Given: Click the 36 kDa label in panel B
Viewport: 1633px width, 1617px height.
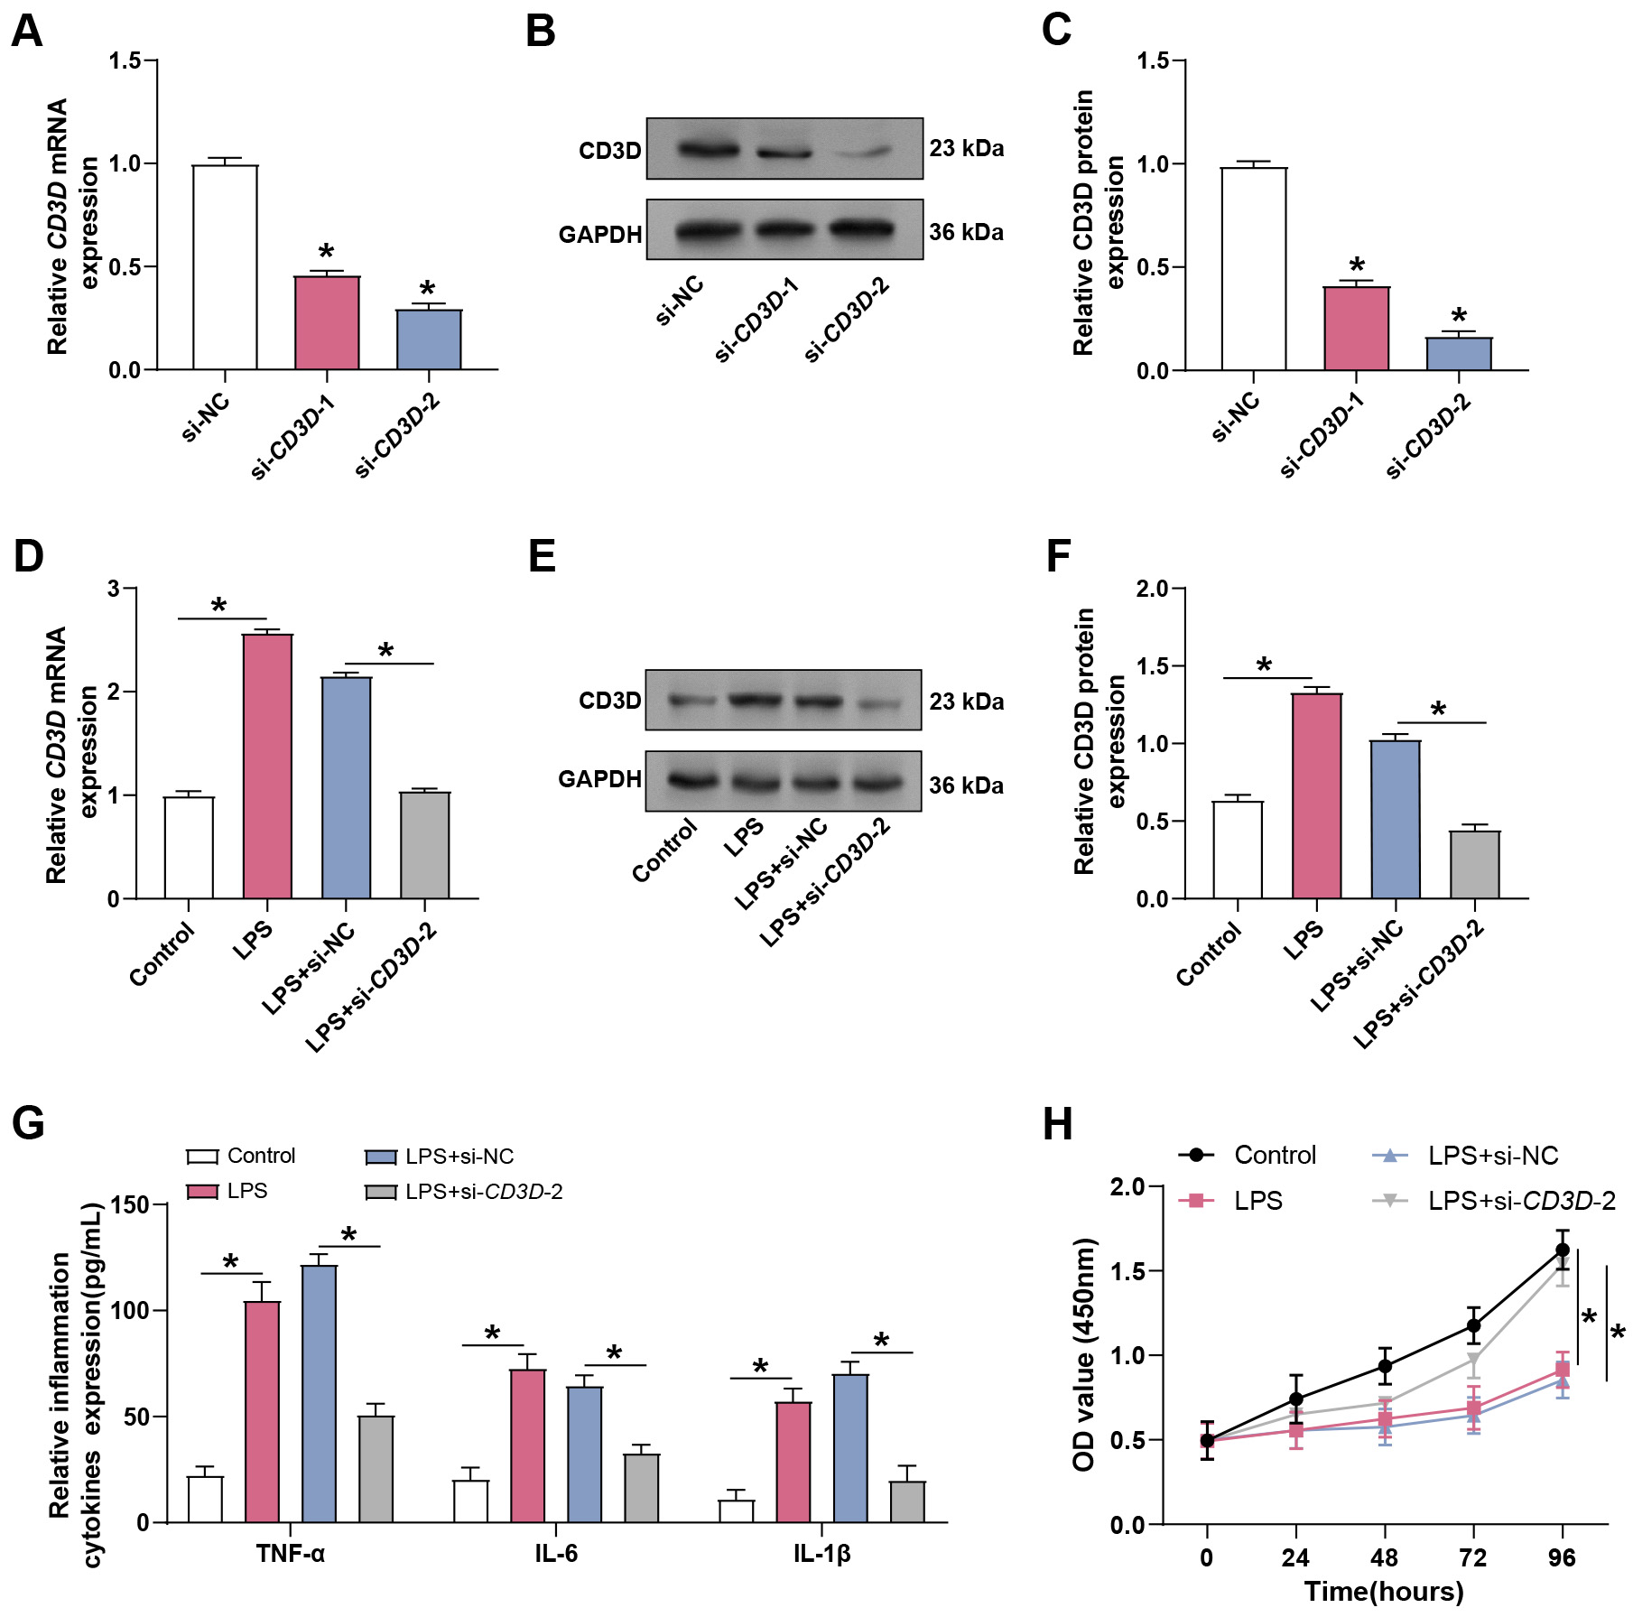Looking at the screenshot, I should tap(966, 233).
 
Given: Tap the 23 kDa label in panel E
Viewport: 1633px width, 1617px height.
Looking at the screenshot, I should tap(966, 702).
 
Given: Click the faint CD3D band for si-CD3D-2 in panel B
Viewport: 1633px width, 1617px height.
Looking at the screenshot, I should tap(861, 153).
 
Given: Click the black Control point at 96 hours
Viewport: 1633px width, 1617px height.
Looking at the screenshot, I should tap(1562, 1250).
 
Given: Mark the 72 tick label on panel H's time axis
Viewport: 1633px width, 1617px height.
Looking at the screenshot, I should tap(1472, 1557).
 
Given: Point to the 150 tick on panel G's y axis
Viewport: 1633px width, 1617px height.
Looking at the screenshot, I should tap(129, 1204).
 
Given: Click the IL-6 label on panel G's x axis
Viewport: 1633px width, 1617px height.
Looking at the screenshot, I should tap(555, 1553).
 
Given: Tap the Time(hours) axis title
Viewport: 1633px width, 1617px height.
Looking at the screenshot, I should tap(1383, 1591).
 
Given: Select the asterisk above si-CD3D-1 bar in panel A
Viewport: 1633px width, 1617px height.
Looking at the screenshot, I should tap(326, 253).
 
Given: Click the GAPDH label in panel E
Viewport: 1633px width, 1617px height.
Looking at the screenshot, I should tap(599, 779).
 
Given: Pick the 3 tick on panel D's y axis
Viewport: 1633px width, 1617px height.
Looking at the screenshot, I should tap(113, 589).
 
